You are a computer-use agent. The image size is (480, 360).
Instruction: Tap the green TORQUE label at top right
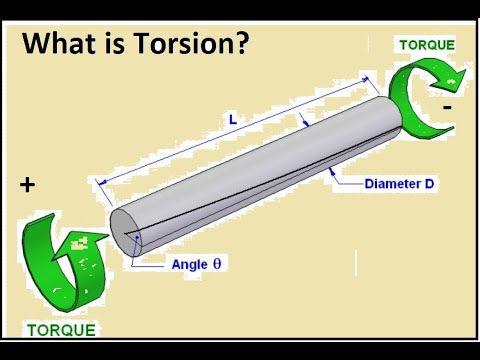pos(427,45)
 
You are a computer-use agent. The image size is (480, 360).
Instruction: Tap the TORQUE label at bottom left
pos(60,328)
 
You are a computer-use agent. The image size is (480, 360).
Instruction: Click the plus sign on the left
pos(27,185)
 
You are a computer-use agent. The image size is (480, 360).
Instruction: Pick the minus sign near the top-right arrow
pos(446,105)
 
